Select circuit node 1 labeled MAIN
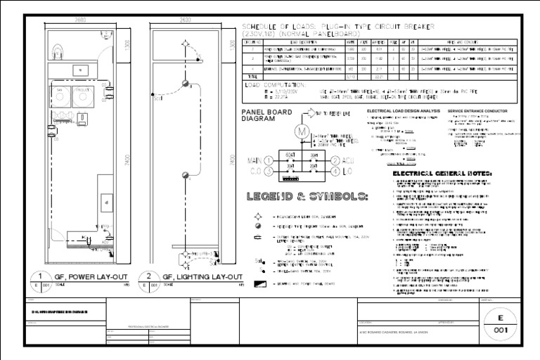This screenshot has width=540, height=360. tap(269, 161)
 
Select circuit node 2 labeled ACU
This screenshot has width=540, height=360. tap(336, 161)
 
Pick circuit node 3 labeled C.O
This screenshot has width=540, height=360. tap(269, 172)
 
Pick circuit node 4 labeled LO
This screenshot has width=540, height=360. tap(336, 172)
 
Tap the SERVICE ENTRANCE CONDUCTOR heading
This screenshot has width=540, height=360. tap(478, 112)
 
